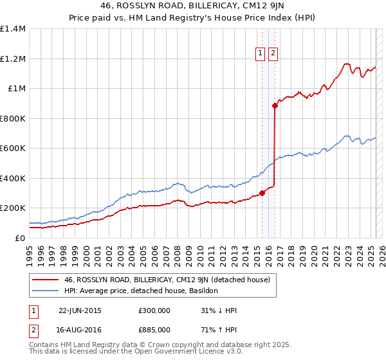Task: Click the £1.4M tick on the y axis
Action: pyautogui.click(x=13, y=29)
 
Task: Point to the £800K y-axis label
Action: pyautogui.click(x=13, y=118)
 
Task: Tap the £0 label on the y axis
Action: pyautogui.click(x=19, y=238)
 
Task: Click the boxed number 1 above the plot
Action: pyautogui.click(x=261, y=53)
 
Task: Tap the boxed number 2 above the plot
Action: pyautogui.click(x=273, y=53)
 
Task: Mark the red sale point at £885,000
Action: pyautogui.click(x=275, y=105)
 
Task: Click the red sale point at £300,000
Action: pyautogui.click(x=262, y=193)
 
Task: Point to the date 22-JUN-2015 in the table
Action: pyautogui.click(x=80, y=310)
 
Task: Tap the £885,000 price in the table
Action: pyautogui.click(x=154, y=330)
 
